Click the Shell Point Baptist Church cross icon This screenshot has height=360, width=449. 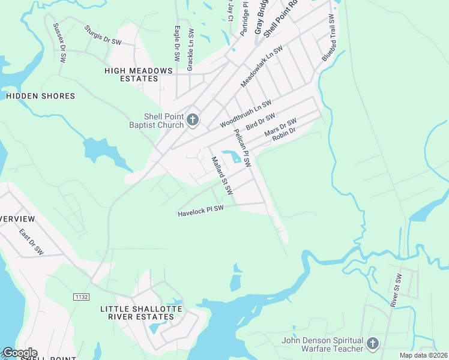193,120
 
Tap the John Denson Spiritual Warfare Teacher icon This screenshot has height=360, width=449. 372,344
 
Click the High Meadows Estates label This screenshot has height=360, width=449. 139,74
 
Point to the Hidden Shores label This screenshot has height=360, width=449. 40,96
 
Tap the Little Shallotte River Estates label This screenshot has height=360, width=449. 141,313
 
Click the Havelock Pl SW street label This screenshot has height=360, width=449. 200,211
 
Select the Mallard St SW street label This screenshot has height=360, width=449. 222,175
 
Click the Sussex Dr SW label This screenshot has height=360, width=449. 59,43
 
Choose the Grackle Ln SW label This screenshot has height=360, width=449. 190,50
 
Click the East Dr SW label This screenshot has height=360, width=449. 31,241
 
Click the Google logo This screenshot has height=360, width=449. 20,353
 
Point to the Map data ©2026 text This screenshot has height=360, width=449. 423,355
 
